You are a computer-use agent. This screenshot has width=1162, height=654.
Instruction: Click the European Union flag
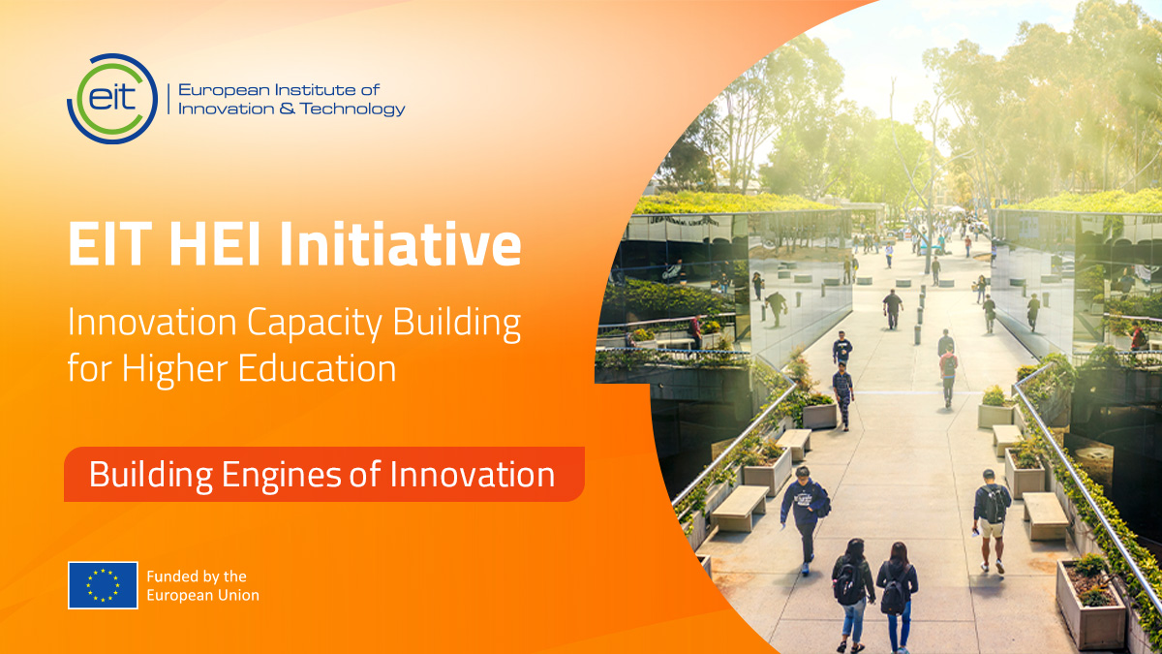(x=103, y=584)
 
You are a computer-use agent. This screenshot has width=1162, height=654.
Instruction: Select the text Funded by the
(x=197, y=576)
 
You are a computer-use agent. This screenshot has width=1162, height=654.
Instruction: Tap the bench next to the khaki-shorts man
(x=1045, y=513)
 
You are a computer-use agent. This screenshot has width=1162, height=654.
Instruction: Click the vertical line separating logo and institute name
(x=168, y=99)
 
